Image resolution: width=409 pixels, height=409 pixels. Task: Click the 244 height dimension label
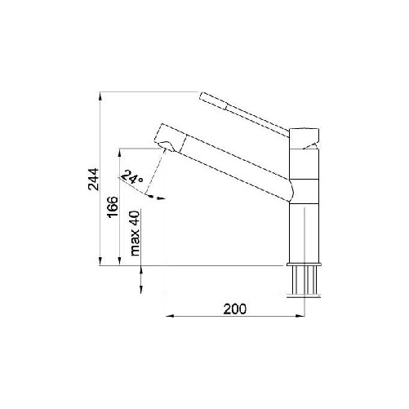[x=93, y=179]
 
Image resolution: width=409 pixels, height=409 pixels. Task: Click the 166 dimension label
[x=113, y=207]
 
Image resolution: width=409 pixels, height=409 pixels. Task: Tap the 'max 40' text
[x=135, y=233]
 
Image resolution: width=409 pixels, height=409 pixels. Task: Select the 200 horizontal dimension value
[x=235, y=309]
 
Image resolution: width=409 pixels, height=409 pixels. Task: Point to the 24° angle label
[x=131, y=177]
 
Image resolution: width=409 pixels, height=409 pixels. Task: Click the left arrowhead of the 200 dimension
[x=170, y=316]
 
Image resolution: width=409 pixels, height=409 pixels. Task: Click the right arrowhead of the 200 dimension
[x=300, y=316]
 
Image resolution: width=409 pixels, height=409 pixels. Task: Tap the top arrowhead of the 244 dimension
[x=100, y=96]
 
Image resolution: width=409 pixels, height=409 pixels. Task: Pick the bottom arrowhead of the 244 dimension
[x=100, y=261]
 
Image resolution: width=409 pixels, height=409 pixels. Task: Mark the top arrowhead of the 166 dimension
[x=119, y=153]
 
